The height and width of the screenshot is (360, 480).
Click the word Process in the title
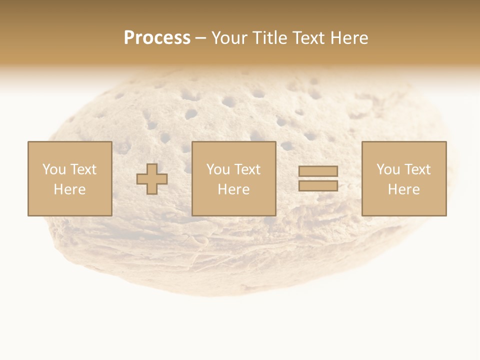[157, 38]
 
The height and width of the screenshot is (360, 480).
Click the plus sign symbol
[152, 179]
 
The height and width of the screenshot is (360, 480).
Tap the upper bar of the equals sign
[318, 171]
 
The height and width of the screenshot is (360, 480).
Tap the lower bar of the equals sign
[318, 185]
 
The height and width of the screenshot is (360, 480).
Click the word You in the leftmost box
[53, 169]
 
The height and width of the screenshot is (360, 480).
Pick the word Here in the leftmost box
[69, 189]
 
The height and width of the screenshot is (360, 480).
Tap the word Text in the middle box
[247, 169]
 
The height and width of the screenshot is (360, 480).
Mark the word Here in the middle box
[233, 189]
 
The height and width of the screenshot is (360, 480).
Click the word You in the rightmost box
[388, 169]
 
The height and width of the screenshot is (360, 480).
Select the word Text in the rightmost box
[417, 169]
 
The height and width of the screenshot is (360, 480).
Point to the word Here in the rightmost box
[403, 189]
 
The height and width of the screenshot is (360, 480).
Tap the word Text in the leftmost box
[83, 169]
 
